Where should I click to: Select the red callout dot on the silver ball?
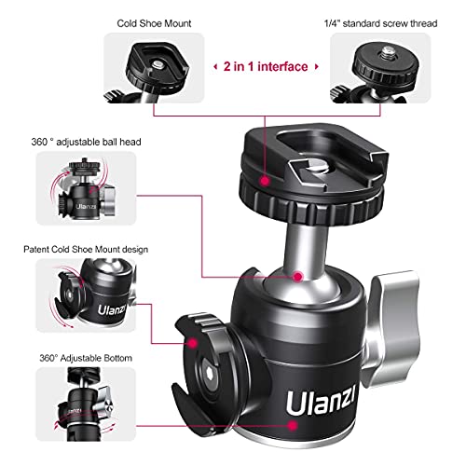pyautogui.click(x=296, y=276)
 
